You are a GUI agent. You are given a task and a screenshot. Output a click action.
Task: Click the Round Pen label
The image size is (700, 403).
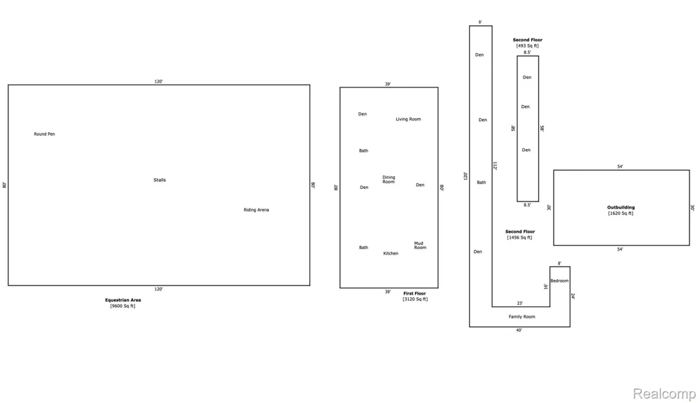point(45,134)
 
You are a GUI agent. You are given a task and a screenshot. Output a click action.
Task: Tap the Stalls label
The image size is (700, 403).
point(160,180)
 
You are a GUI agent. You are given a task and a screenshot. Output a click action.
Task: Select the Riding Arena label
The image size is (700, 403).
point(256,210)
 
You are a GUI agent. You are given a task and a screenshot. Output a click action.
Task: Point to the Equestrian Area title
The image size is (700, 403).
point(122,300)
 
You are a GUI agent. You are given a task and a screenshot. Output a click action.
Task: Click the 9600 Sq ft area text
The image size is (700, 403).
point(122,306)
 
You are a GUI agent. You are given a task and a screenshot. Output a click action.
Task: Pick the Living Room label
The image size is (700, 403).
point(409,119)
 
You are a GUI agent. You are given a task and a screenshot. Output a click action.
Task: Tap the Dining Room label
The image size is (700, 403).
point(388,179)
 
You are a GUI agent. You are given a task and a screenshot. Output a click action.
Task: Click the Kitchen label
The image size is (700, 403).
point(391,253)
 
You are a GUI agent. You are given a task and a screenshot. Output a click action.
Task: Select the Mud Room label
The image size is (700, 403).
point(420,246)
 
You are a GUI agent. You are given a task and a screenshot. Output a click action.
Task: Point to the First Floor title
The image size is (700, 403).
point(414,294)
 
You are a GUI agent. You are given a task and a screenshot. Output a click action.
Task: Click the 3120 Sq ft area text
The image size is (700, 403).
point(415,299)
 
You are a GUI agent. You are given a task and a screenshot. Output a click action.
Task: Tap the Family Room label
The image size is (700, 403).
point(522,317)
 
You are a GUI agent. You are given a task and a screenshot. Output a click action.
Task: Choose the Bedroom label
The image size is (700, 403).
point(559,281)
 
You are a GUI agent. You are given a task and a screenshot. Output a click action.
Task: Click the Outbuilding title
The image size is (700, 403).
point(621,208)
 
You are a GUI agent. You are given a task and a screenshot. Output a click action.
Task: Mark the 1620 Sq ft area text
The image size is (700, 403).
point(620,213)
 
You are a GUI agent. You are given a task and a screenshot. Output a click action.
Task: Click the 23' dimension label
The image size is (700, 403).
point(520,304)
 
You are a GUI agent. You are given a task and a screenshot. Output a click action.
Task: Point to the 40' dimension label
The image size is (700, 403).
point(519,330)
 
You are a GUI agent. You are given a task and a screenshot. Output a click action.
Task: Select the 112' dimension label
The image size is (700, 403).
point(495,166)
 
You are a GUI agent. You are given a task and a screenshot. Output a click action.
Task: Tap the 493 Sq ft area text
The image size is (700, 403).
point(528,45)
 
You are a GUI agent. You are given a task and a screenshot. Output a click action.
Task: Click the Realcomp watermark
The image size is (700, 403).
point(664,394)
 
